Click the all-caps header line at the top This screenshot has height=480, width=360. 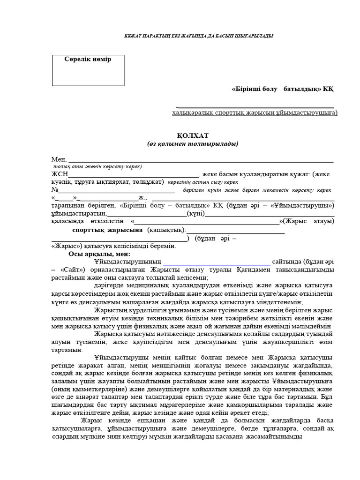click(192, 36)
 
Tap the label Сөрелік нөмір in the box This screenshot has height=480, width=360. click(88, 59)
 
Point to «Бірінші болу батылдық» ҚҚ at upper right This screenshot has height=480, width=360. click(283, 89)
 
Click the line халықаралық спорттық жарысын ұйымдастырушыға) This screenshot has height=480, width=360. click(255, 113)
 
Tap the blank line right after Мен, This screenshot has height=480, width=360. click(202, 161)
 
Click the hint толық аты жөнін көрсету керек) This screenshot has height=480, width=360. click(97, 166)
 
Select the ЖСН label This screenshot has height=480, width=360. click(59, 174)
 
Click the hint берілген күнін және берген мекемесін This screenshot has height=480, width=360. click(257, 190)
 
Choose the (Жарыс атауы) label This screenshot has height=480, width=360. click(310, 221)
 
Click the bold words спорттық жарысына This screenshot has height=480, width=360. click(107, 230)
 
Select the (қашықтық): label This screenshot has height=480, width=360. click(167, 230)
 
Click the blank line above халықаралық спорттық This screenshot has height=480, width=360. click(256, 106)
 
